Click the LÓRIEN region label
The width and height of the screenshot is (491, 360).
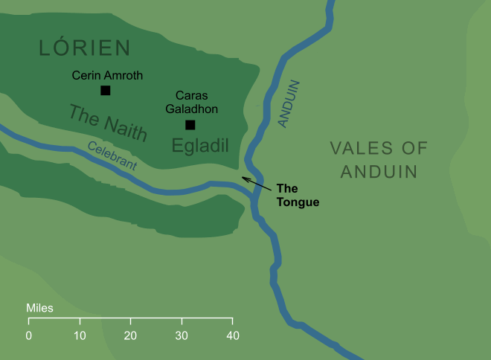[84, 48]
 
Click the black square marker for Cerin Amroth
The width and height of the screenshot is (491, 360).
[105, 91]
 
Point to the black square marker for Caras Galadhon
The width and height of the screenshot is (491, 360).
[190, 125]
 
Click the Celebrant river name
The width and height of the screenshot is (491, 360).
[112, 157]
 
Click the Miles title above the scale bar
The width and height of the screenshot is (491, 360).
[39, 308]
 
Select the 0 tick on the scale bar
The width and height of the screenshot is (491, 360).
[29, 335]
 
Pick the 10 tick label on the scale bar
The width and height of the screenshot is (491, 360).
[80, 335]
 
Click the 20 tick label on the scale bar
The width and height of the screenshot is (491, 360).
[131, 335]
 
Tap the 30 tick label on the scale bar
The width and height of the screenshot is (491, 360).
[182, 335]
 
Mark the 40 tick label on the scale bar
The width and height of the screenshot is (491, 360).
[233, 335]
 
